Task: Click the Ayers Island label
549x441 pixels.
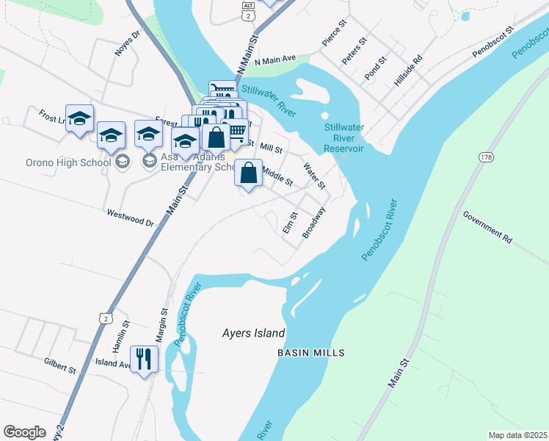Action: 253,333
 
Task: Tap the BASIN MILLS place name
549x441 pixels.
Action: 310,354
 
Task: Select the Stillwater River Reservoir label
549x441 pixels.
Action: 344,137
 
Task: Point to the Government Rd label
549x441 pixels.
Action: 487,227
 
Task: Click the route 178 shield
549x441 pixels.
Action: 486,157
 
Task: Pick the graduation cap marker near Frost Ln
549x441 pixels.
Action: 79,118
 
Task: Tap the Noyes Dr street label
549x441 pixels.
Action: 126,44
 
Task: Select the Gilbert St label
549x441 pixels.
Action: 60,363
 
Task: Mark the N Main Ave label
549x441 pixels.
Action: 274,60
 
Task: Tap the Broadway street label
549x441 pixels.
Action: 314,221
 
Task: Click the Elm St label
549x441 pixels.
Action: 289,223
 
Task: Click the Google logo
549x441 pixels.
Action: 24,432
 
